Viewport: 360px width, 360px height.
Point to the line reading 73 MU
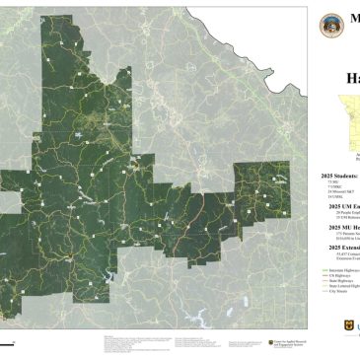pos(330,181)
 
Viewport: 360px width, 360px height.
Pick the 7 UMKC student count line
pos(332,187)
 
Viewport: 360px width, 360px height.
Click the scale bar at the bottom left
pos(8,342)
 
